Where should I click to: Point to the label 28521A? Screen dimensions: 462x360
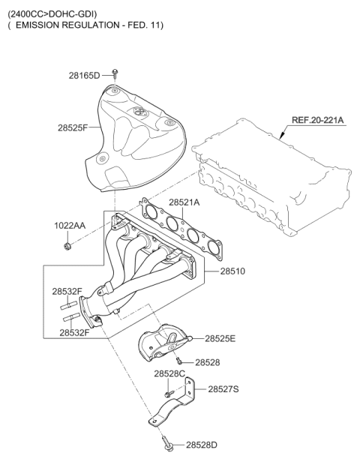[x=184, y=202]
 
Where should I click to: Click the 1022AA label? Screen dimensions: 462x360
[x=70, y=226]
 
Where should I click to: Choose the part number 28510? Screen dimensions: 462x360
[x=233, y=271]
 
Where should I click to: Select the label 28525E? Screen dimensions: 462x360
[x=220, y=338]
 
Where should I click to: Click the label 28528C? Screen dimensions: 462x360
[x=170, y=373]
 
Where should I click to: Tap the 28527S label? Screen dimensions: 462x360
[x=223, y=389]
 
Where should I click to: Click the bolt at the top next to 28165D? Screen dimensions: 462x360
[x=115, y=73]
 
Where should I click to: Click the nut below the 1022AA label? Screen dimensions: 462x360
[x=69, y=244]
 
